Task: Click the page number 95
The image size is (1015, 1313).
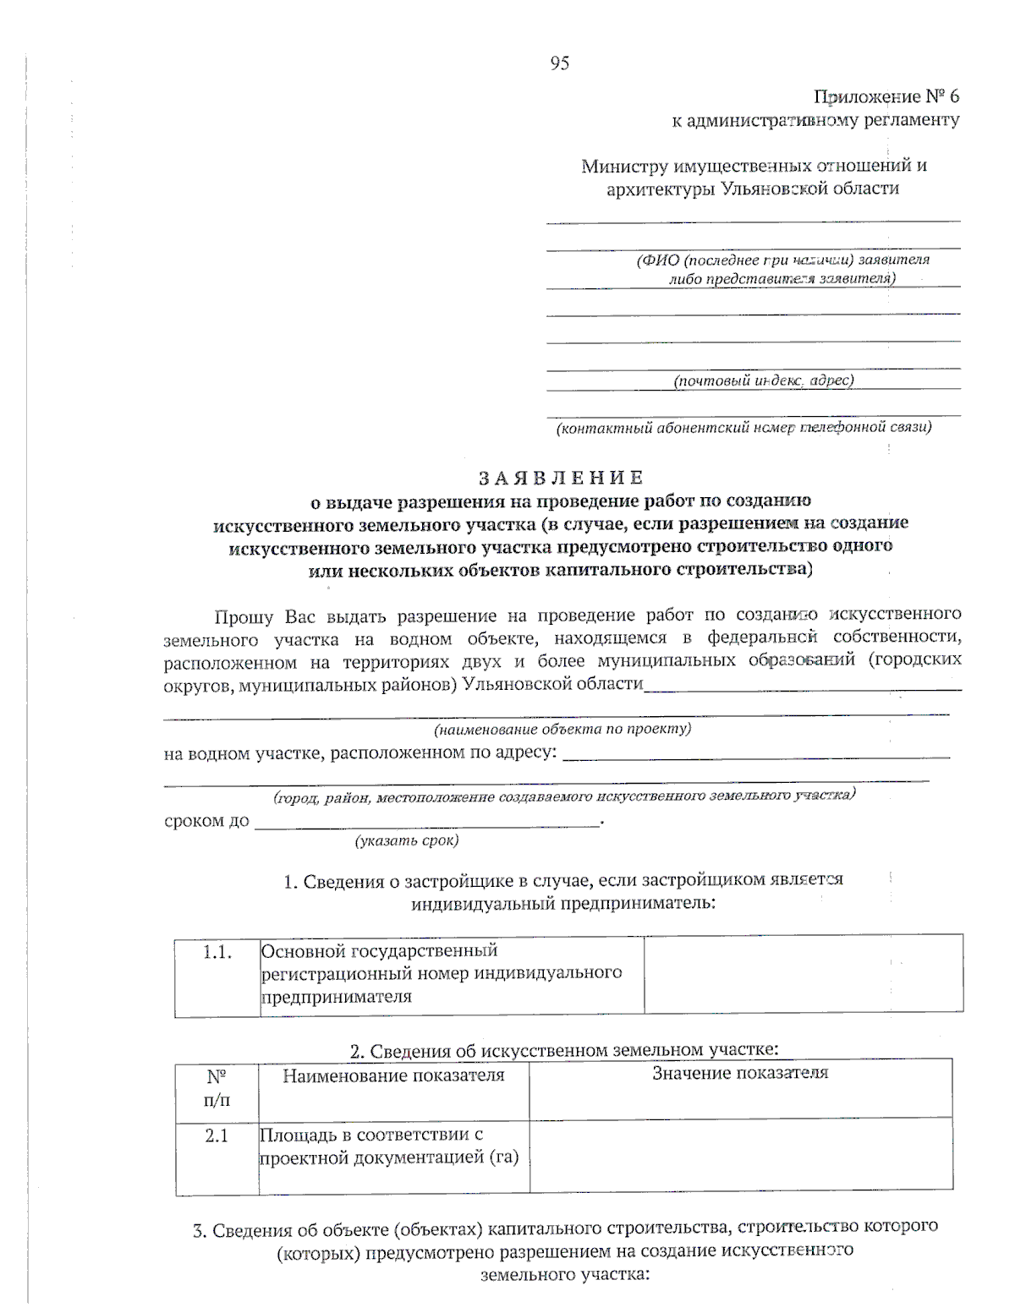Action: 559,63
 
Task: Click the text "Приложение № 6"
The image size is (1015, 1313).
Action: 886,96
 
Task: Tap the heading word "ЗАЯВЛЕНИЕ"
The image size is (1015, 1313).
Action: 561,479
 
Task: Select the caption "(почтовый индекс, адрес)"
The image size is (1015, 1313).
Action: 763,380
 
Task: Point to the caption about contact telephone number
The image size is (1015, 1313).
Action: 743,428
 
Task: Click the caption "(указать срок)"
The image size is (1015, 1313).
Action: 407,840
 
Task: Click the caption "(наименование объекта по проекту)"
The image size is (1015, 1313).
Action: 562,729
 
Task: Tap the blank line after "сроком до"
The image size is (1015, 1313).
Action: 427,822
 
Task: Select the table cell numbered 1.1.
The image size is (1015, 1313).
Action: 217,953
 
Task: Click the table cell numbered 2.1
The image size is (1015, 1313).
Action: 217,1135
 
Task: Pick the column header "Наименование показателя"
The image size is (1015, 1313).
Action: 393,1075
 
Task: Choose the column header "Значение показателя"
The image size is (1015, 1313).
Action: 740,1074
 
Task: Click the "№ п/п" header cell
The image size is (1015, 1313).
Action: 217,1088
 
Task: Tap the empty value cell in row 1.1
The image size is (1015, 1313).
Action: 803,974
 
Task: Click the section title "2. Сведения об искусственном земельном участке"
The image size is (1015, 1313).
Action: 564,1050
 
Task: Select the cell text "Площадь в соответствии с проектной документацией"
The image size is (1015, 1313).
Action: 389,1146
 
